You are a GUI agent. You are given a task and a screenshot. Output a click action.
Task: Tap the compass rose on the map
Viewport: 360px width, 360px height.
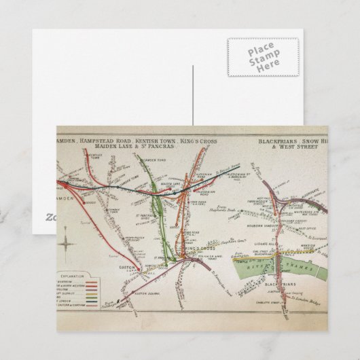point(65,241)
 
